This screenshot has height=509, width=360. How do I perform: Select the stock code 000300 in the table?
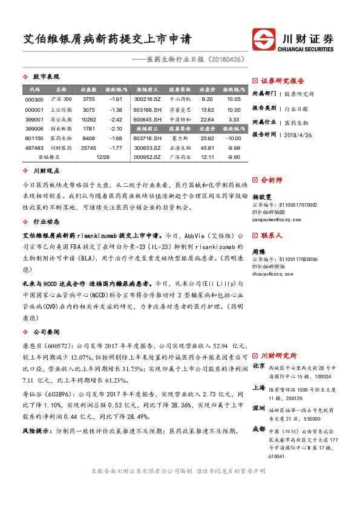[34, 99]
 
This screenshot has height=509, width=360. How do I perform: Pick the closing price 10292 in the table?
[89, 120]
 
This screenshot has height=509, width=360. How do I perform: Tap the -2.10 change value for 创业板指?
[116, 129]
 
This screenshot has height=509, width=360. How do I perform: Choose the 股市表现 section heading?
[46, 77]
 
